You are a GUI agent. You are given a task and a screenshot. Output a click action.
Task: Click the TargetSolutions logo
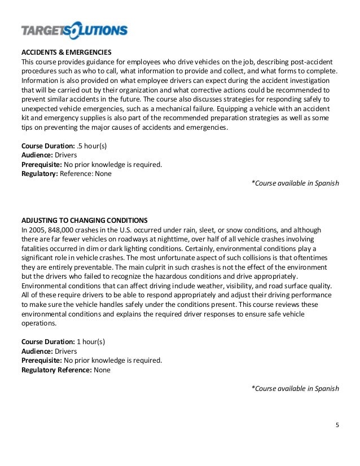[74, 29]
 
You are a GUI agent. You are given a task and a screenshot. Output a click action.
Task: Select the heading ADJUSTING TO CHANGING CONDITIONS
[84, 220]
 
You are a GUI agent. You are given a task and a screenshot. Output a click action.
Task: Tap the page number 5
[337, 425]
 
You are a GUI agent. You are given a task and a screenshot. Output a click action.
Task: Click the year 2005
[38, 230]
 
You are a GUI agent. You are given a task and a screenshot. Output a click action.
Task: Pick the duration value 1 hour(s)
[103, 342]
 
